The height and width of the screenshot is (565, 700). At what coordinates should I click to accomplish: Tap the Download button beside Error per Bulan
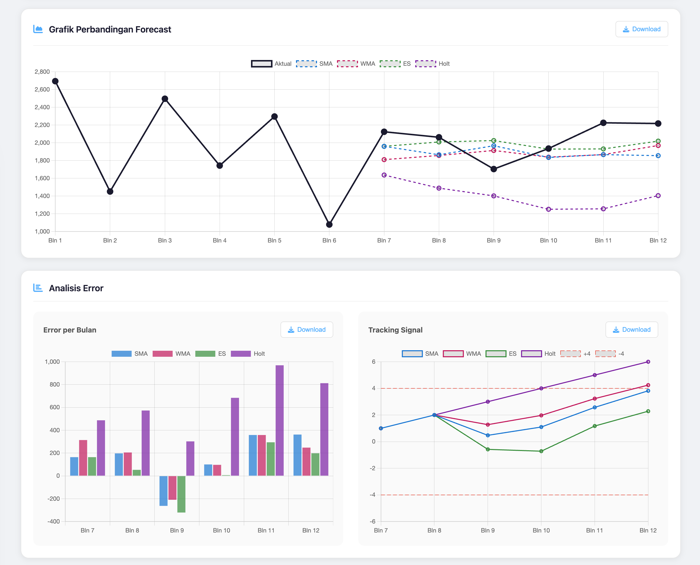coord(306,330)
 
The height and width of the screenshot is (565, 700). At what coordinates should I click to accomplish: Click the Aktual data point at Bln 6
coord(329,224)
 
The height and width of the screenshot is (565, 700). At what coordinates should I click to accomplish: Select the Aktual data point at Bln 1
coord(55,81)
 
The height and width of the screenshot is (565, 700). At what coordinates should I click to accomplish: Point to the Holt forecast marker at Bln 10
coord(548,209)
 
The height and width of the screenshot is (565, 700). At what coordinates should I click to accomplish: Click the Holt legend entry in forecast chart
coord(433,64)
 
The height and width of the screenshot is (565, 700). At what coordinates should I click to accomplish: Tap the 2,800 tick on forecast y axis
coord(42,71)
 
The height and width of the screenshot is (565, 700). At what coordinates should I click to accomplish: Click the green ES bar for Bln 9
coord(181,494)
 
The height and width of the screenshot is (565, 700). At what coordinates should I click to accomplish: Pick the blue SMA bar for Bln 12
coord(297,455)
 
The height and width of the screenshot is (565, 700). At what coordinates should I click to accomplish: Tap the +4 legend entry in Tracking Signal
coord(575,354)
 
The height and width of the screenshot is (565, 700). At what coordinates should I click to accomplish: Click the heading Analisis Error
coord(76,288)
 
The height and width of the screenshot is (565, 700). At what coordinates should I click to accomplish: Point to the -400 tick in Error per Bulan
coord(54,521)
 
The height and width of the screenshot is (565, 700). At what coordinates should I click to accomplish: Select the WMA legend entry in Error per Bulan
coord(171,354)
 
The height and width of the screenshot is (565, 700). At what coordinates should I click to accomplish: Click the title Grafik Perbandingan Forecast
coord(110,29)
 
